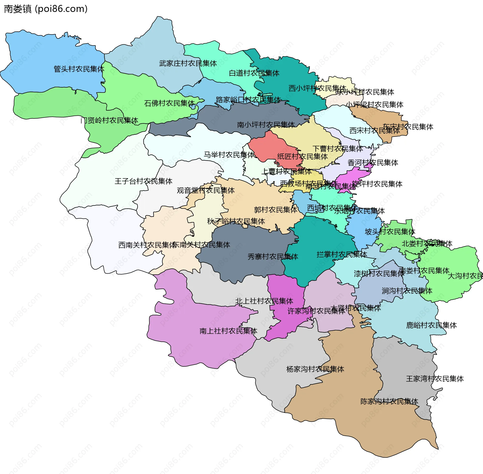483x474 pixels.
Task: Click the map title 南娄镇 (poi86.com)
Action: coord(46,9)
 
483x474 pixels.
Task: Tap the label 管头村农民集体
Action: coord(79,69)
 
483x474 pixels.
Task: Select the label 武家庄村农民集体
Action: coord(188,63)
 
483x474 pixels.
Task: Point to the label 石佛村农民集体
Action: coord(169,103)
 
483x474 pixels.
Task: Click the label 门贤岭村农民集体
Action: coord(109,120)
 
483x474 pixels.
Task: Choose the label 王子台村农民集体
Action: coord(143,181)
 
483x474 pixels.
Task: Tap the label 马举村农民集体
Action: coord(229,155)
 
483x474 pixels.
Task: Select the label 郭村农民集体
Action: coord(275,209)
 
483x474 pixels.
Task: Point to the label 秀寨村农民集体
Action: coord(273,256)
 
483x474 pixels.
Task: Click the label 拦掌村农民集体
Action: coord(342,254)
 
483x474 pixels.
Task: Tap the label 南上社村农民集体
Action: coord(228,331)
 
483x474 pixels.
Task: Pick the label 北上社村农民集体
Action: coord(264,301)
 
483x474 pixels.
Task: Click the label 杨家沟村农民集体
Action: coord(315,369)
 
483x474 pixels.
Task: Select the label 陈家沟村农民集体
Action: coord(389,401)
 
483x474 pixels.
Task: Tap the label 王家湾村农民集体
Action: coord(435,379)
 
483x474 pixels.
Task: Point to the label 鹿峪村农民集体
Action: coord(431,325)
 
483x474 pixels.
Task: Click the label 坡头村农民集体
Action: coord(390,232)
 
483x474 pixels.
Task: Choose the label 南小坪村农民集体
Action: coord(266,124)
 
